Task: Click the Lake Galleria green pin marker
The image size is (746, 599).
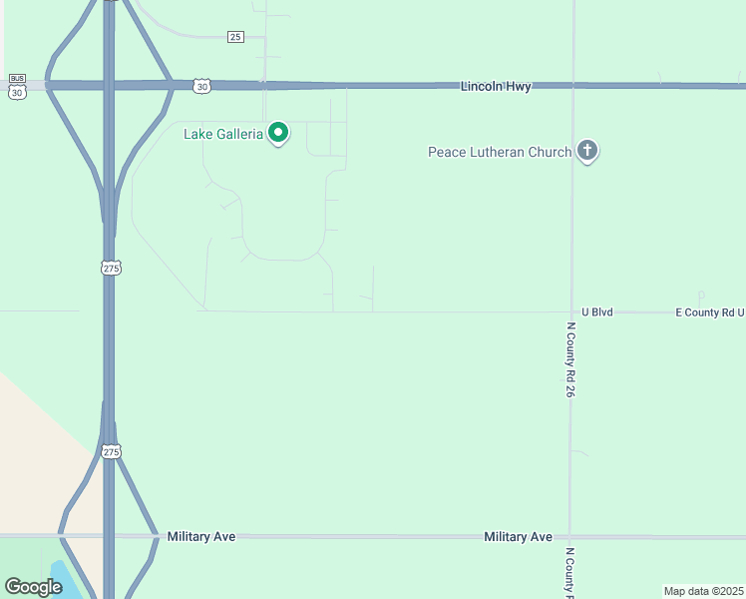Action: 280,132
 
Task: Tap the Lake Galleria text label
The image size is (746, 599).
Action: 223,134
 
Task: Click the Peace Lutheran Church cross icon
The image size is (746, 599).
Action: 587,151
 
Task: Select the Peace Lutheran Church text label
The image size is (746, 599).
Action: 500,152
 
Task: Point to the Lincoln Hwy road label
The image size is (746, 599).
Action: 496,87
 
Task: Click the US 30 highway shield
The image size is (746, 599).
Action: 202,87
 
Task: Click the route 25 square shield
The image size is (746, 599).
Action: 235,37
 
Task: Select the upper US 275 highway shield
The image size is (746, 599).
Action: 110,268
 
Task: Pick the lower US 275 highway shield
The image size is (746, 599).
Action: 110,451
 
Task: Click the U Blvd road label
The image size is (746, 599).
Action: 596,312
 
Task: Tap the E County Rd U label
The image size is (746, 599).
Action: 709,312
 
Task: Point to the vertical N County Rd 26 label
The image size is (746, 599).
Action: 571,359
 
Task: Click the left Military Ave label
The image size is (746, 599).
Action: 201,537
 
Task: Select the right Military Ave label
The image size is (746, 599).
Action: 518,537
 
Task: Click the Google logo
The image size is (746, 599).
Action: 33,587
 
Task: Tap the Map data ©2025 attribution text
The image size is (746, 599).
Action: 703,591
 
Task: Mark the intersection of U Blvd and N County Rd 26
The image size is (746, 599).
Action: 571,312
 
